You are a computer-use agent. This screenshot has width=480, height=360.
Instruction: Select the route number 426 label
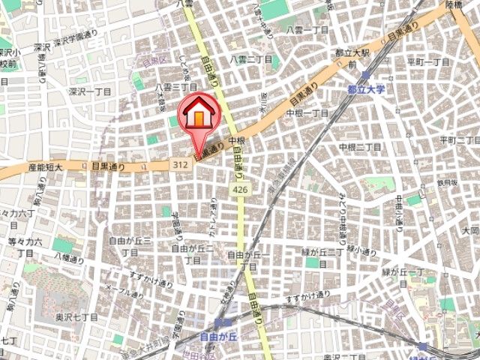click(239, 190)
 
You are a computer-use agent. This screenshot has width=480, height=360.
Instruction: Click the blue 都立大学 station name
click(366, 88)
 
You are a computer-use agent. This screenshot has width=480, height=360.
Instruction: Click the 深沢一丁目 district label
click(90, 91)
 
